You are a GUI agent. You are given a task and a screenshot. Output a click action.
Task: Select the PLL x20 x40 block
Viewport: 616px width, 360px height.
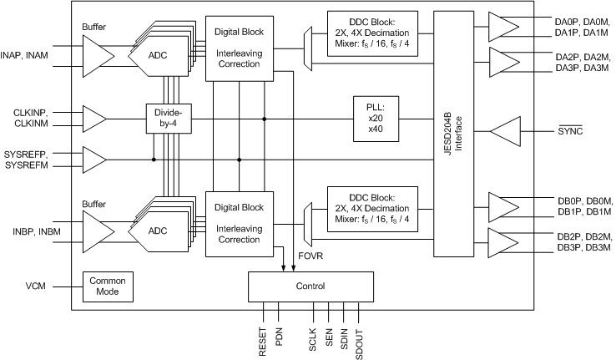click(376, 119)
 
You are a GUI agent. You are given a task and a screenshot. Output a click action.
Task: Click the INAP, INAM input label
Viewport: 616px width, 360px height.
click(28, 55)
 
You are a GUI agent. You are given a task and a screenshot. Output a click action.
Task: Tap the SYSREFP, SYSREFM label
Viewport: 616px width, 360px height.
click(28, 159)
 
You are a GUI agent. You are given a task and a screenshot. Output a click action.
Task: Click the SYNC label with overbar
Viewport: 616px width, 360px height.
click(570, 132)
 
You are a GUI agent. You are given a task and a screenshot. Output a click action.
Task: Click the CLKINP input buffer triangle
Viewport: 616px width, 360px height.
click(93, 119)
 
